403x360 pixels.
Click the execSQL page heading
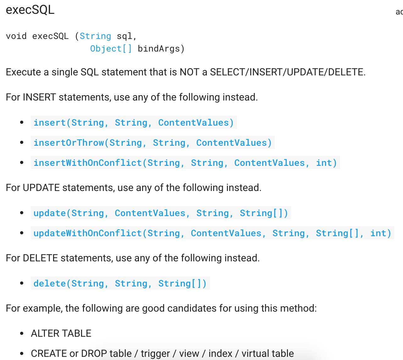(30, 10)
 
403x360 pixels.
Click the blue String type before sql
(95, 36)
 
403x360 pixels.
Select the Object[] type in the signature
(111, 49)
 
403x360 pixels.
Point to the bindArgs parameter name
(159, 49)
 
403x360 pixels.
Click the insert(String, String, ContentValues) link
(134, 123)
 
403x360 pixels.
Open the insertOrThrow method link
(152, 143)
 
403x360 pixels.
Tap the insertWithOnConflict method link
(185, 163)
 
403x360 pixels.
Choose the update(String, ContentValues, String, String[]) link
(161, 213)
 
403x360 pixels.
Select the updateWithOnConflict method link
(212, 233)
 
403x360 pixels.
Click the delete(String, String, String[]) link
(120, 283)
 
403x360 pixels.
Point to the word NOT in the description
(189, 72)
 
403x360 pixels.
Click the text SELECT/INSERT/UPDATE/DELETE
(287, 72)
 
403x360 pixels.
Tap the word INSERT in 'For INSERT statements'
(39, 97)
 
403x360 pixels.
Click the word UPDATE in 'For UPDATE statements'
(41, 188)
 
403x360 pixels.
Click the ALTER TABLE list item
(61, 333)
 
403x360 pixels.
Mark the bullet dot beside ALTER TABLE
(22, 333)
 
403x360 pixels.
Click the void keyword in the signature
(16, 36)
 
